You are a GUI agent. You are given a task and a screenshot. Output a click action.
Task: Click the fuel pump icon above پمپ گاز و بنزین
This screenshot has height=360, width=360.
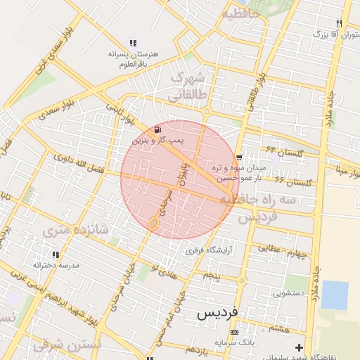(x=157, y=129)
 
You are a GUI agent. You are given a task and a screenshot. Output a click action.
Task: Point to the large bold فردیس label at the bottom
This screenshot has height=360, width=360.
(x=218, y=310)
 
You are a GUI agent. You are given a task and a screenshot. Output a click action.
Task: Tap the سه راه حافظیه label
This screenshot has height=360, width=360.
(x=257, y=200)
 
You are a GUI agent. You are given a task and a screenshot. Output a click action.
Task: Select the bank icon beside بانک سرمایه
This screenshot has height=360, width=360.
(x=234, y=332)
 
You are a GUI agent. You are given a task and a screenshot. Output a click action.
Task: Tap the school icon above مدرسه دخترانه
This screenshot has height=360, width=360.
(x=56, y=254)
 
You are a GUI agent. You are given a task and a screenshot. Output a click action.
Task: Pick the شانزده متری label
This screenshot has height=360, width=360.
(x=75, y=230)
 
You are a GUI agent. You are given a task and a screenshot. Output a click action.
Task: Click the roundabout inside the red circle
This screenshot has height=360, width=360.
(x=153, y=224)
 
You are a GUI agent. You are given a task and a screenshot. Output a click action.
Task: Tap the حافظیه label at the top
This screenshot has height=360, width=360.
(x=241, y=13)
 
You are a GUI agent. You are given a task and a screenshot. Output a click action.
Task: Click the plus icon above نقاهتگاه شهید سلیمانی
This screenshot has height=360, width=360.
(x=300, y=347)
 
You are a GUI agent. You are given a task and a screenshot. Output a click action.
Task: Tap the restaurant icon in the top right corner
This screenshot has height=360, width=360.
(x=340, y=23)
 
